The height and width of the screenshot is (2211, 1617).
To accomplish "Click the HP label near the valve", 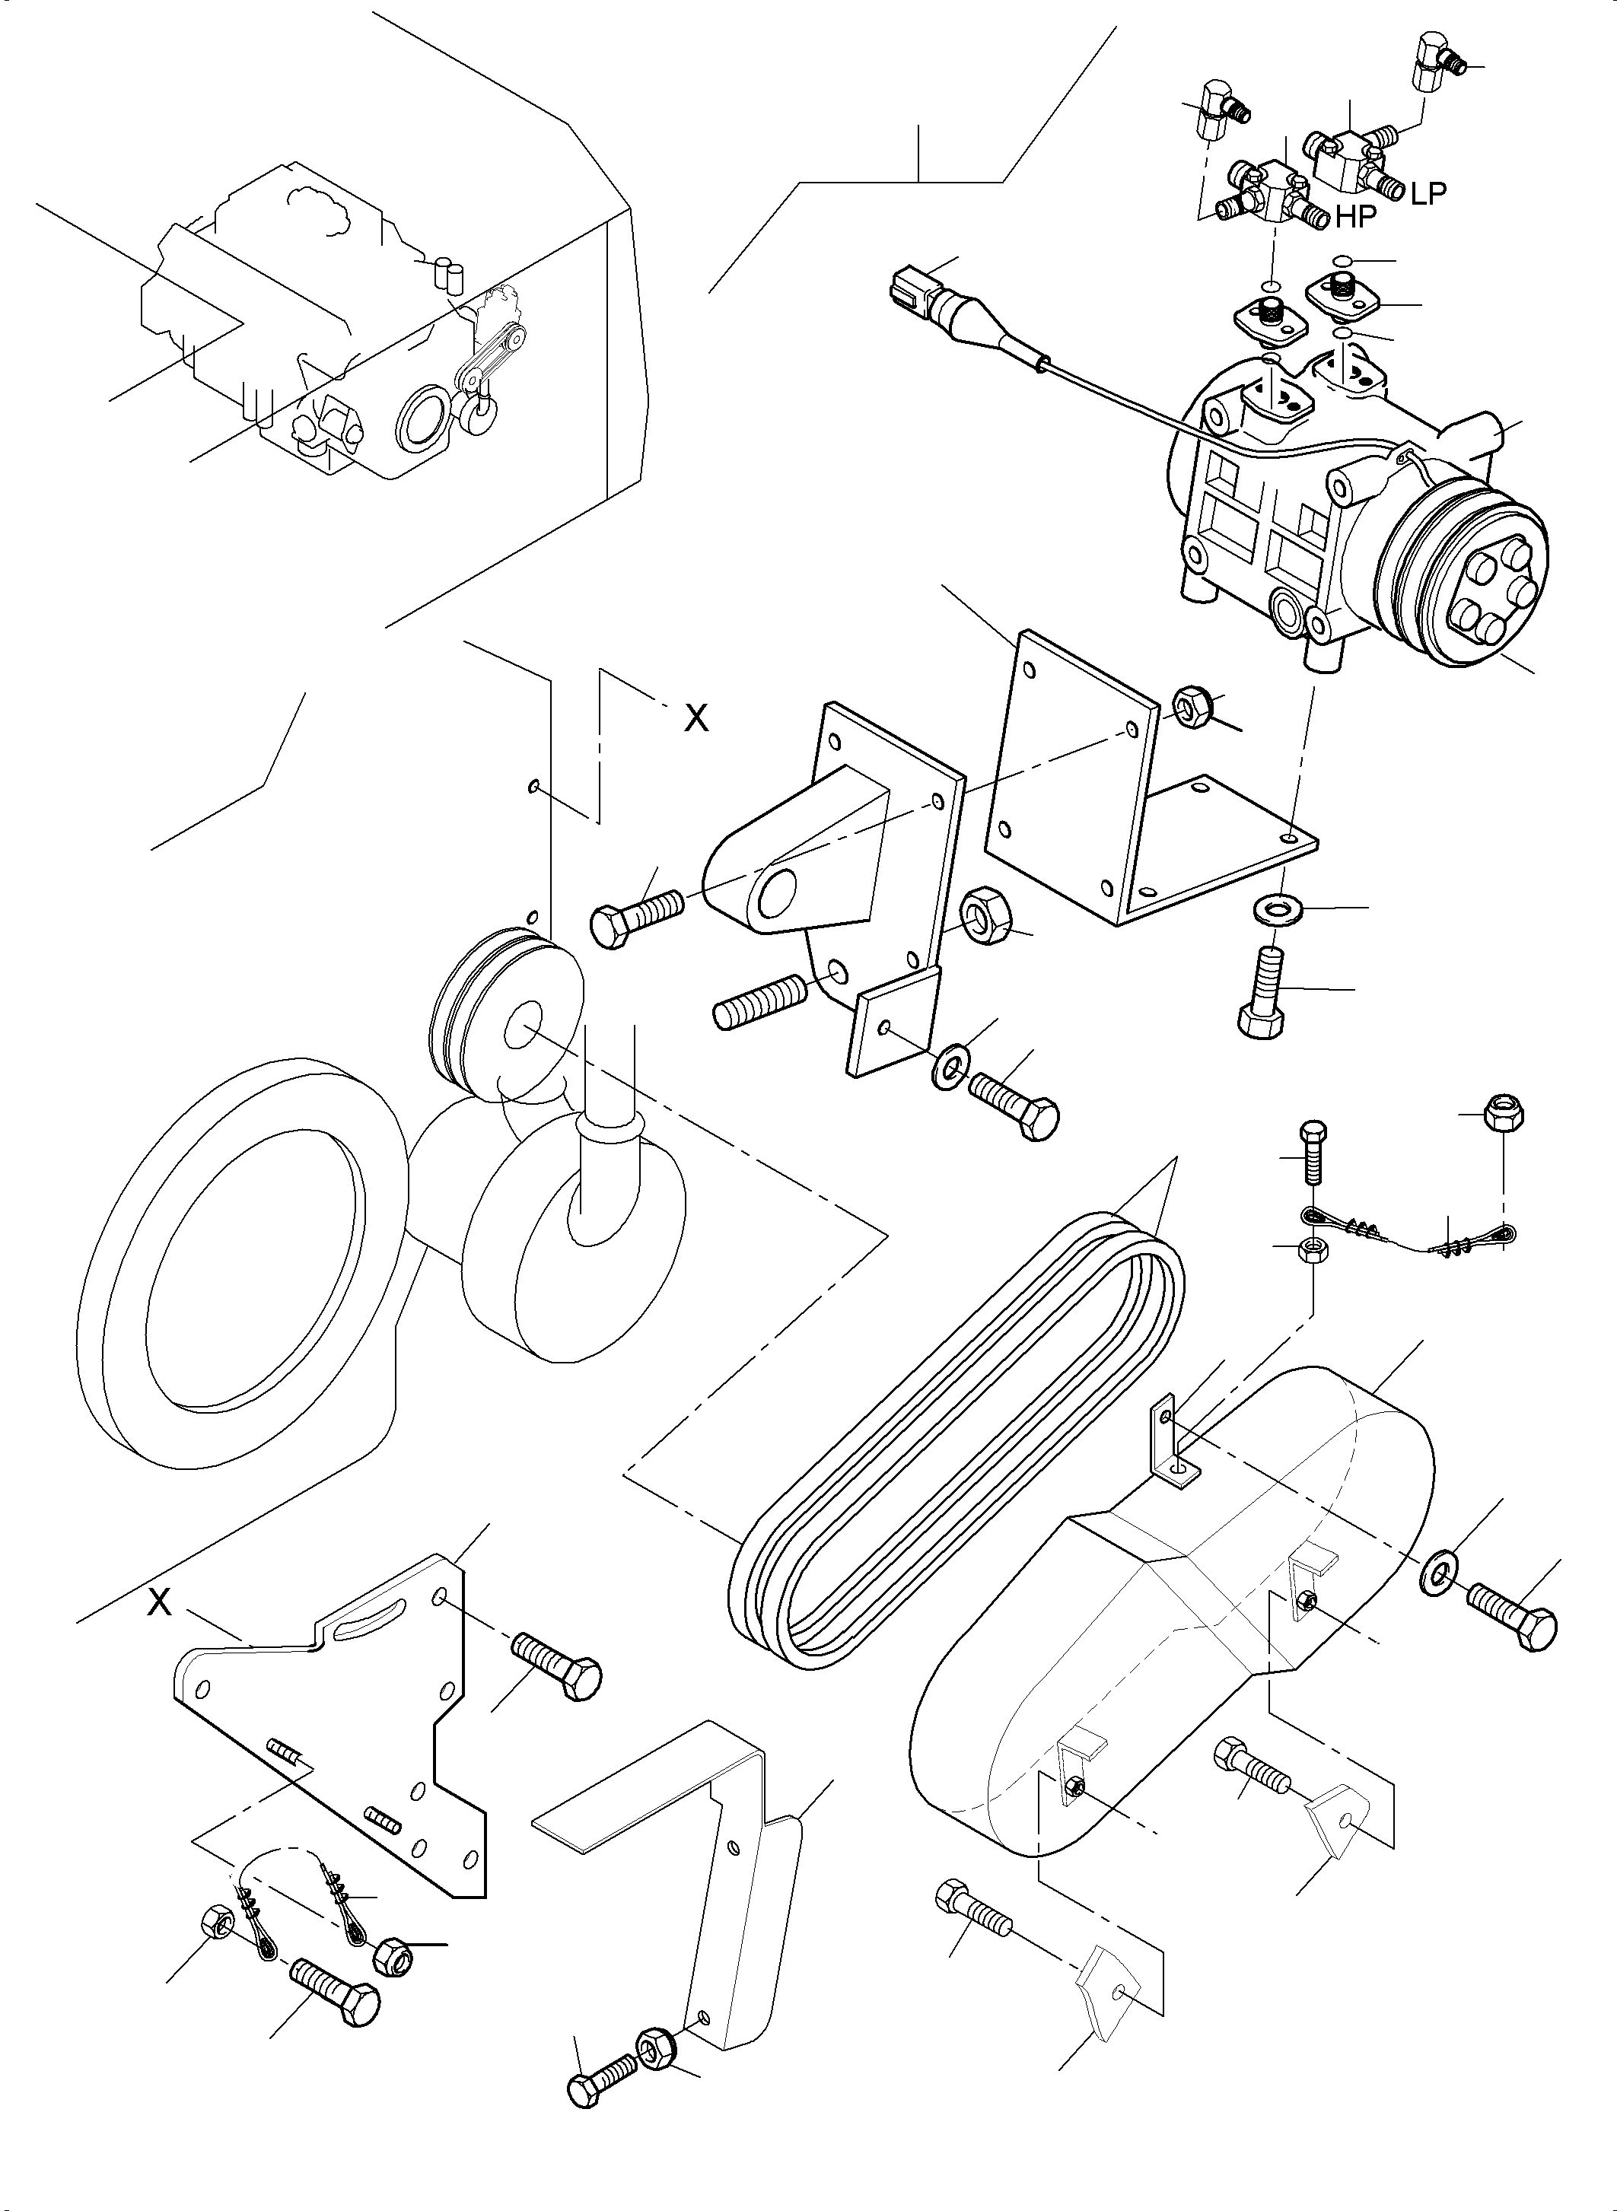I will click(1357, 218).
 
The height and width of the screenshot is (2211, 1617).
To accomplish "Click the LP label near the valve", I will click(1428, 194).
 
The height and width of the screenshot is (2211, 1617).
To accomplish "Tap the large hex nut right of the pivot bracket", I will click(985, 916).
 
